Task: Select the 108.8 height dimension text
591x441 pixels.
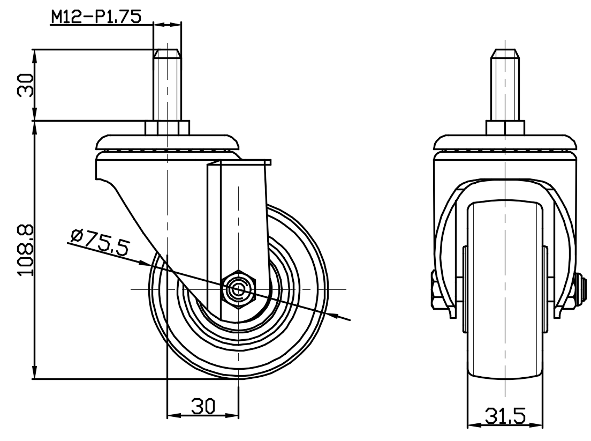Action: tap(26, 251)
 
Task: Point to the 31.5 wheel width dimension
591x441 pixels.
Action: tap(505, 416)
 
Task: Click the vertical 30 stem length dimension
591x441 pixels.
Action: tap(26, 85)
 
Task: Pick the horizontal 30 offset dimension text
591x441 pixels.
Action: tap(203, 406)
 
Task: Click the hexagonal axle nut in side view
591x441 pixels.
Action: tap(239, 289)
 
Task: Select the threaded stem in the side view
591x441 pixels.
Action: tap(167, 85)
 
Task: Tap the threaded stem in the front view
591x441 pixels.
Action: tap(505, 85)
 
